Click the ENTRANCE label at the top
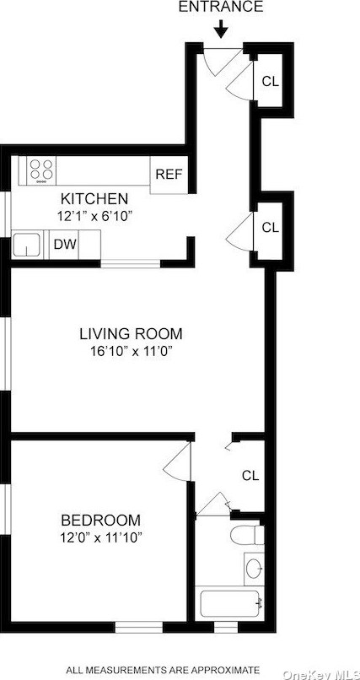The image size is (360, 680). coord(221,8)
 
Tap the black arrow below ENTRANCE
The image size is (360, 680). coord(221,30)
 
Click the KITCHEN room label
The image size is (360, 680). coord(94,199)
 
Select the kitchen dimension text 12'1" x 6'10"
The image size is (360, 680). coord(94,216)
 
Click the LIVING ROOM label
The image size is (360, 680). coord(131,333)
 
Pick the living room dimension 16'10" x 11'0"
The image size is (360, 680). coord(131,351)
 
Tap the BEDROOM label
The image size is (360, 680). coord(100,521)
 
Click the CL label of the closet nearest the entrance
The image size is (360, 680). coord(270,82)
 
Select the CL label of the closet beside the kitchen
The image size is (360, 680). coord(270,227)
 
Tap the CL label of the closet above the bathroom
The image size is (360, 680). coord(250,475)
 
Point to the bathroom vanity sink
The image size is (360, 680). coord(253,568)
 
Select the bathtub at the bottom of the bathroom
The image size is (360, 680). coord(231,604)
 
